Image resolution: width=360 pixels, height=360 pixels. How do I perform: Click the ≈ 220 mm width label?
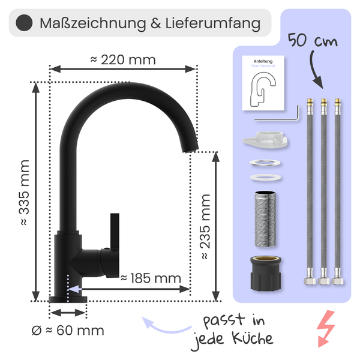(123, 60)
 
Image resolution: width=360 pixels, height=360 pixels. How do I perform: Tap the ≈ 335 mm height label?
(25, 193)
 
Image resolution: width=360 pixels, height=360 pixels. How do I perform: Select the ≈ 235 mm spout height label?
(205, 227)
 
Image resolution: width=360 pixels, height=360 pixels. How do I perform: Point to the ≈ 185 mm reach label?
(151, 278)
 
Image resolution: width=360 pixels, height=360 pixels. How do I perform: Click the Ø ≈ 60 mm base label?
(68, 331)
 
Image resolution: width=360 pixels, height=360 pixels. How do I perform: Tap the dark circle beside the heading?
(24, 23)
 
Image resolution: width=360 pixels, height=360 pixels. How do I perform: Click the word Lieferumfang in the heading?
(213, 24)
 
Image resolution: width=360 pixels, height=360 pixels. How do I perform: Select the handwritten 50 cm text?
(313, 40)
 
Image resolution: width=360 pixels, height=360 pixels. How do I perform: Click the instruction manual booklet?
(263, 83)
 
